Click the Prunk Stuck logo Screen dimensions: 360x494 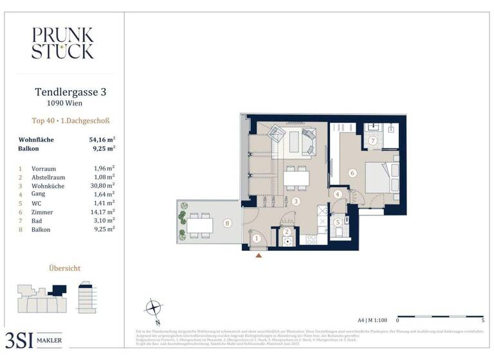tap(62, 43)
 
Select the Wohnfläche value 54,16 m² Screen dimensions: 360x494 tap(102, 139)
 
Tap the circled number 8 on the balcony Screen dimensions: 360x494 tap(227, 224)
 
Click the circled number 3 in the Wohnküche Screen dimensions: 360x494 tap(295, 201)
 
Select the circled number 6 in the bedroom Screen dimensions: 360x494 tap(352, 172)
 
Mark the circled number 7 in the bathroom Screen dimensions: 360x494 tap(372, 140)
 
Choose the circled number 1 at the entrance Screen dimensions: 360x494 tap(256, 239)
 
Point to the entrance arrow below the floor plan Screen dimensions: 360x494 tap(259, 256)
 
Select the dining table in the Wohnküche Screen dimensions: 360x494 tap(296, 177)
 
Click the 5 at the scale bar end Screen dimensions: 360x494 tap(482, 319)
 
